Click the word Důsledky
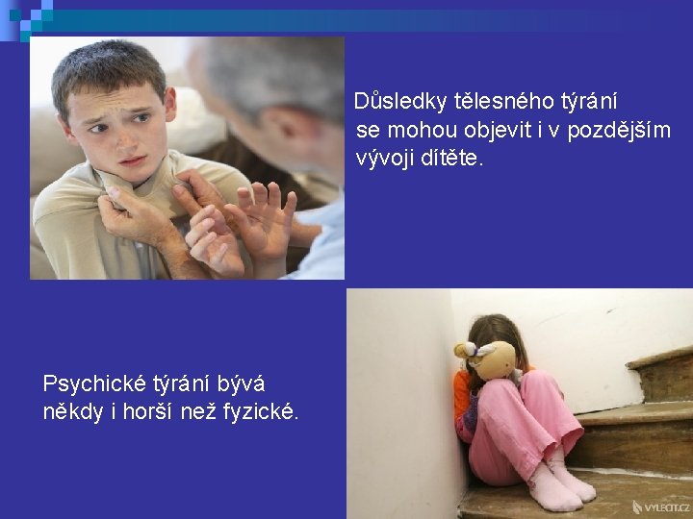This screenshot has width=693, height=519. pos(400,102)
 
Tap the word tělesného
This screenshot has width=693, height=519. pos(504,102)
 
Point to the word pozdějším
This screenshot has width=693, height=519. pos(619,131)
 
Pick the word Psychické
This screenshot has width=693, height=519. pos(94,383)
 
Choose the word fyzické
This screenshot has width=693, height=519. pos(261,411)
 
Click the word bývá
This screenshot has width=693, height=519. pos(241,383)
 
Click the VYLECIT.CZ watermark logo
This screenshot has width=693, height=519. pos(660,507)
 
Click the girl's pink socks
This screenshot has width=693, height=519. pos(561,483)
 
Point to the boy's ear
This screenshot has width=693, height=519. pos(169,104)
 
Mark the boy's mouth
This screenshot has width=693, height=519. pos(133,161)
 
